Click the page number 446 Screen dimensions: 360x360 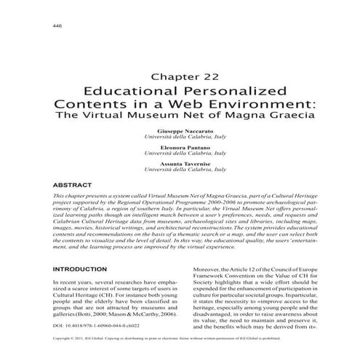point(57,27)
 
